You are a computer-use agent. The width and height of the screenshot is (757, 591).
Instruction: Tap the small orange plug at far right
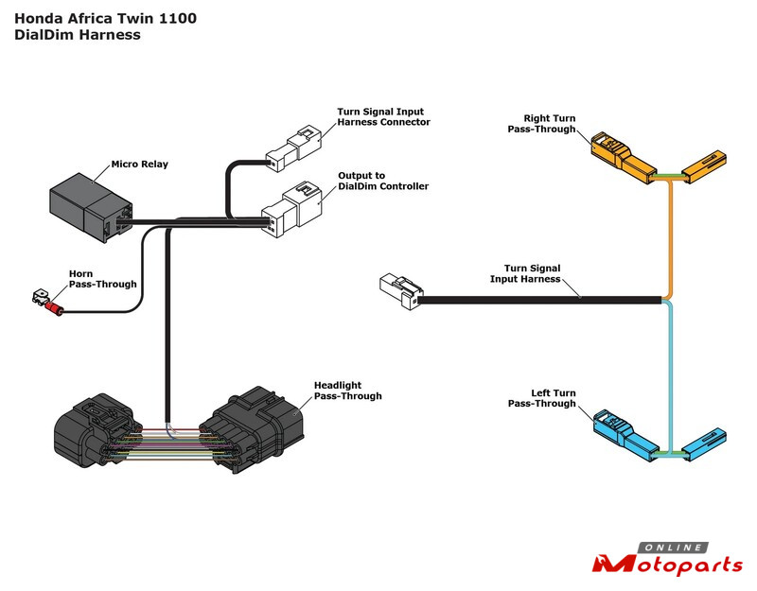[705, 166]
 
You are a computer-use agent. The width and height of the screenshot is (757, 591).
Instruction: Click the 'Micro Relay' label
[140, 165]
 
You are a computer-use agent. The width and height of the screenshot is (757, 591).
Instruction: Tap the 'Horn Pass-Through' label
[103, 279]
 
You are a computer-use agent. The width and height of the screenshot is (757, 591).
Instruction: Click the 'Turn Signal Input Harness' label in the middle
[525, 273]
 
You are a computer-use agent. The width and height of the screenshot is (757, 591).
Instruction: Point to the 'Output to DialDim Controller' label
[383, 181]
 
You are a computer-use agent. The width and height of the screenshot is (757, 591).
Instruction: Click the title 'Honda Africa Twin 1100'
[105, 18]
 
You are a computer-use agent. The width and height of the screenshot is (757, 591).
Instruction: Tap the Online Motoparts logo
[667, 561]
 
